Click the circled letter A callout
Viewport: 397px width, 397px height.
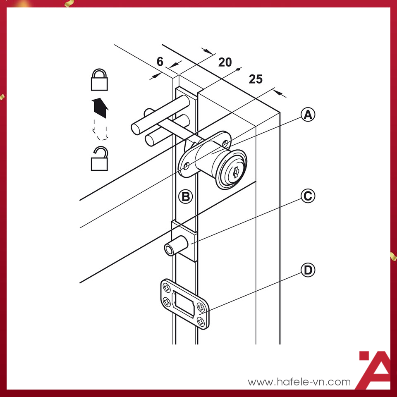point(308,115)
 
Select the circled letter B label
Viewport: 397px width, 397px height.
point(186,196)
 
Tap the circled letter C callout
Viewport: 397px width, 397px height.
point(308,196)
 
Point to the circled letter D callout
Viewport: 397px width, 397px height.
point(308,270)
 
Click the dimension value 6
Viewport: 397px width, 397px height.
point(160,62)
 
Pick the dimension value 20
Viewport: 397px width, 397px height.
point(225,62)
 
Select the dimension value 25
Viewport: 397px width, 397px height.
point(256,79)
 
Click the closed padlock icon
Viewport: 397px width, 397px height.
point(99,79)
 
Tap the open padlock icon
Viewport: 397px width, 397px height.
point(99,158)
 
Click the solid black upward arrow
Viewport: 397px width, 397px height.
point(100,108)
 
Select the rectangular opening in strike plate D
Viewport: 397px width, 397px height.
point(184,304)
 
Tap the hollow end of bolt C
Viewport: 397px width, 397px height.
point(169,250)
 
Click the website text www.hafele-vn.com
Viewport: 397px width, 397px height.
point(299,382)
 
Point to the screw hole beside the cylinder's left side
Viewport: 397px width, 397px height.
point(187,166)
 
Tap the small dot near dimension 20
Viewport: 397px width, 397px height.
point(238,69)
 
